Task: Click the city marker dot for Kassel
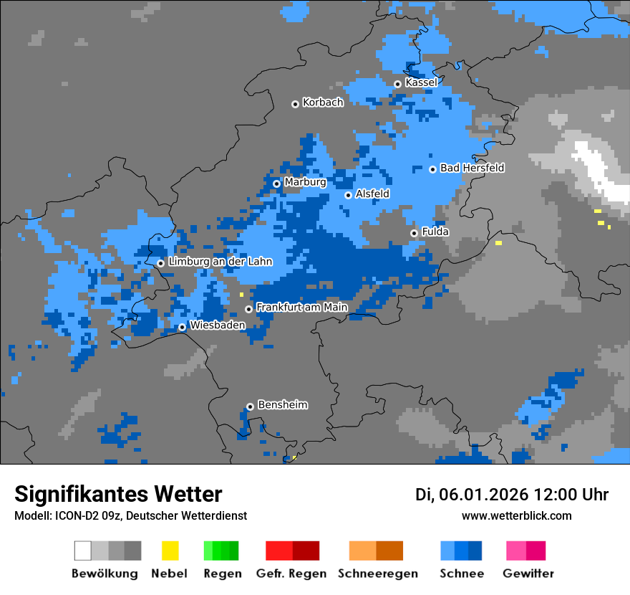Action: [397, 84]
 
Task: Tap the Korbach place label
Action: [323, 103]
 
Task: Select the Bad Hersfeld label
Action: [472, 168]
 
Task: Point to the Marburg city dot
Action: [276, 184]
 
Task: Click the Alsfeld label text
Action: [372, 194]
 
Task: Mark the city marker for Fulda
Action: [414, 233]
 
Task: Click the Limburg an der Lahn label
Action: [220, 262]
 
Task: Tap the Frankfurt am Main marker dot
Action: [248, 309]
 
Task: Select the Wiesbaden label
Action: [217, 325]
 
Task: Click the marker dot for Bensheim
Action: [250, 406]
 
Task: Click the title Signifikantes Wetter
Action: [118, 494]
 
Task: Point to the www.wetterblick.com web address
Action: [516, 516]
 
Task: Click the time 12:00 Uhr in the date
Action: [571, 495]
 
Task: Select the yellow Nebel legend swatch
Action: [170, 551]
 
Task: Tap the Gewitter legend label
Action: [528, 573]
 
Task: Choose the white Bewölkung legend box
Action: [83, 551]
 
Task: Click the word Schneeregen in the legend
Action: [377, 573]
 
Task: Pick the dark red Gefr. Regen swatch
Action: [306, 551]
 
